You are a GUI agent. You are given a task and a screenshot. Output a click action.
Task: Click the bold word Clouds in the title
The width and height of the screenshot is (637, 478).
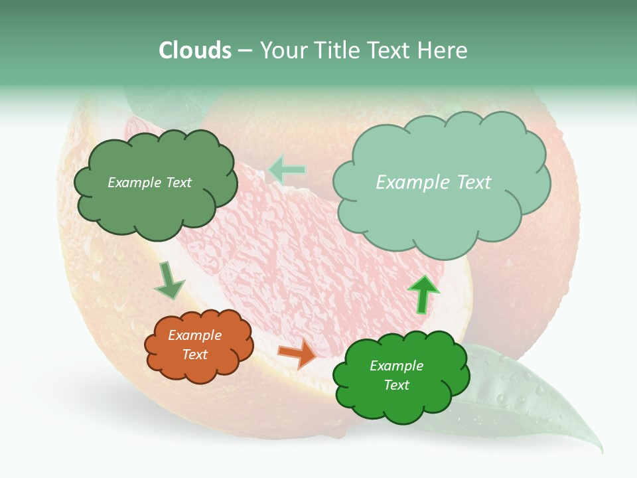pyautogui.click(x=195, y=50)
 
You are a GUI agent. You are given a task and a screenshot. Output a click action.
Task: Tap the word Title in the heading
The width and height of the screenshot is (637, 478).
pyautogui.click(x=335, y=50)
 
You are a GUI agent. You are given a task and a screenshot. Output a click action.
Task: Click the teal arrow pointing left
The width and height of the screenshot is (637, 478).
pyautogui.click(x=287, y=170)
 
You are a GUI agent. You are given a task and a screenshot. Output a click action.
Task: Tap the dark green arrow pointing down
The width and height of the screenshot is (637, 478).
pyautogui.click(x=169, y=281)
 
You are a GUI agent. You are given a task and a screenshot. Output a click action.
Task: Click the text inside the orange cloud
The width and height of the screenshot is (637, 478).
pyautogui.click(x=195, y=345)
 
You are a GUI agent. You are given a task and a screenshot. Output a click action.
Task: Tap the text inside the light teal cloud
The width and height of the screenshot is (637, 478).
pyautogui.click(x=433, y=183)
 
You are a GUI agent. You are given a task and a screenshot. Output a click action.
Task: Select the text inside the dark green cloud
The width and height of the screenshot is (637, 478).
pyautogui.click(x=149, y=183)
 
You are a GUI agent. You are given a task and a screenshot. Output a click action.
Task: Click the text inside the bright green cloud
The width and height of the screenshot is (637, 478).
pyautogui.click(x=396, y=375)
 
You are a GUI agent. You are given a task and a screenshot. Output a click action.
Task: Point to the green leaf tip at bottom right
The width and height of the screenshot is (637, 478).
pyautogui.click(x=599, y=449)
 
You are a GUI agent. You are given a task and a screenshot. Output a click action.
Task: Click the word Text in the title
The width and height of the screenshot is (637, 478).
pyautogui.click(x=393, y=50)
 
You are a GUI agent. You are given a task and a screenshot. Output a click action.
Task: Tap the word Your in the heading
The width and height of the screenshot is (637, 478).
pyautogui.click(x=283, y=50)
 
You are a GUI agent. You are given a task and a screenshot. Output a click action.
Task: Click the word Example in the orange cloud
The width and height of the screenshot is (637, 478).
pyautogui.click(x=195, y=335)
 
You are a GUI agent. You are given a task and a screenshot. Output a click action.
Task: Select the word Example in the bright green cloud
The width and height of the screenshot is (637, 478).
pyautogui.click(x=396, y=366)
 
